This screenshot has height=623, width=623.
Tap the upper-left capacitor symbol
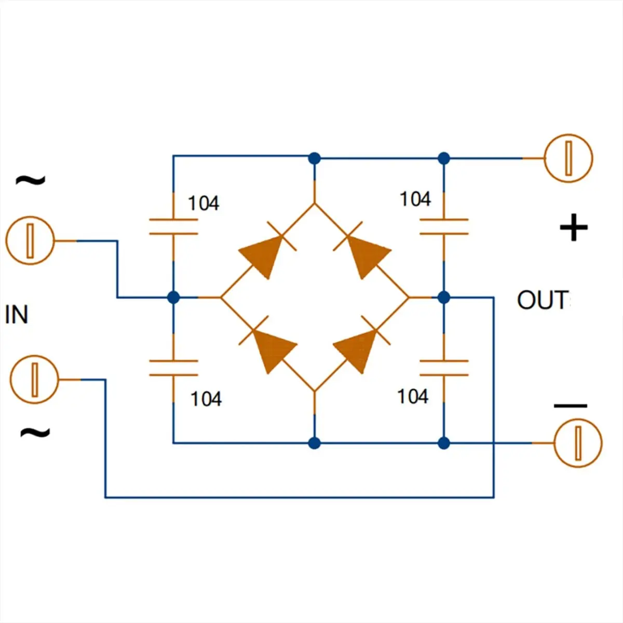pyautogui.click(x=173, y=226)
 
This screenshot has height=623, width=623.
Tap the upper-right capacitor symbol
pyautogui.click(x=444, y=226)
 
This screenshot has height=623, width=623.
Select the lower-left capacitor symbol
pyautogui.click(x=173, y=368)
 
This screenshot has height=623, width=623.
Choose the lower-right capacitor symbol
pyautogui.click(x=444, y=368)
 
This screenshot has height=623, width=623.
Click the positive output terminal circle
pyautogui.click(x=568, y=158)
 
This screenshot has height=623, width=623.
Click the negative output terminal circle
pyautogui.click(x=578, y=443)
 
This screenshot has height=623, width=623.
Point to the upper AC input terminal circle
pyautogui.click(x=30, y=240)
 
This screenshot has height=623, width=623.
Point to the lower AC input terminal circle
pyautogui.click(x=35, y=379)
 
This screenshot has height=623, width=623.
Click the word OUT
pyautogui.click(x=543, y=301)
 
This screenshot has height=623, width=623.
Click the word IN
pyautogui.click(x=17, y=315)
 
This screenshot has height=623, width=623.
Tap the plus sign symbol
pyautogui.click(x=574, y=227)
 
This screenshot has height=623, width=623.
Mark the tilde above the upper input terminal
pyautogui.click(x=31, y=180)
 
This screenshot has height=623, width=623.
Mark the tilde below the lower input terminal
pyautogui.click(x=35, y=432)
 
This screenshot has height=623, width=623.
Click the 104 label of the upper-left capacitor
pyautogui.click(x=204, y=204)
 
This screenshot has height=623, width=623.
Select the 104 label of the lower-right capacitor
pyautogui.click(x=413, y=396)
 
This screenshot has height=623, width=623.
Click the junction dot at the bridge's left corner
pyautogui.click(x=173, y=297)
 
